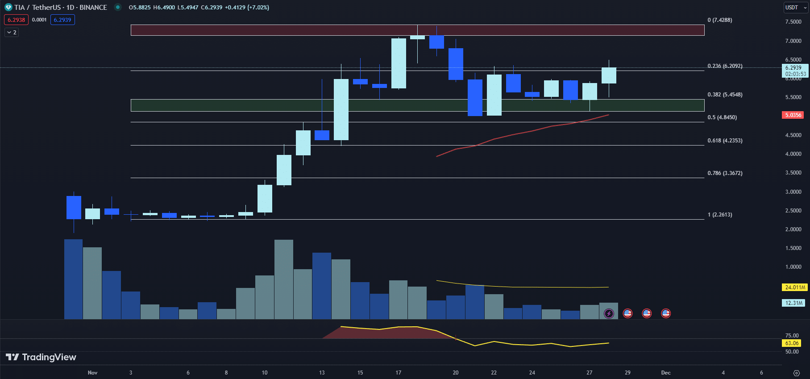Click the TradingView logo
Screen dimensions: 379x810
coord(41,357)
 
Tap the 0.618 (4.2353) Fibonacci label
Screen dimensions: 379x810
coord(725,141)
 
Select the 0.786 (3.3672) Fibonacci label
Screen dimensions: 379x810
coord(725,173)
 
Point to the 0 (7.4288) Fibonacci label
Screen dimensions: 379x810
coord(719,20)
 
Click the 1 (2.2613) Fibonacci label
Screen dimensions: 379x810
coord(719,215)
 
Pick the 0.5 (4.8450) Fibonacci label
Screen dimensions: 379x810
coord(722,117)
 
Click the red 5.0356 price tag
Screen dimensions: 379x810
coord(793,115)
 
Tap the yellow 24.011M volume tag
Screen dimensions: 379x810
coord(795,287)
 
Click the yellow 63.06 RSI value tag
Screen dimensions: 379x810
coord(792,343)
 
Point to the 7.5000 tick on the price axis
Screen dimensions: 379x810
coord(793,22)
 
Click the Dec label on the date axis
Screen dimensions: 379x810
coord(665,373)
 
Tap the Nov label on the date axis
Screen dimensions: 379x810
coord(92,373)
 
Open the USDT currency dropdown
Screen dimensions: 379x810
coord(796,8)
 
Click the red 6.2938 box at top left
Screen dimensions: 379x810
coord(16,20)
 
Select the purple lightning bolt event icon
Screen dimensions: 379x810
coord(609,313)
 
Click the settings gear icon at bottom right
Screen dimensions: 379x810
coord(796,373)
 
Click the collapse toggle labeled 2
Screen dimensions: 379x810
coord(12,33)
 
